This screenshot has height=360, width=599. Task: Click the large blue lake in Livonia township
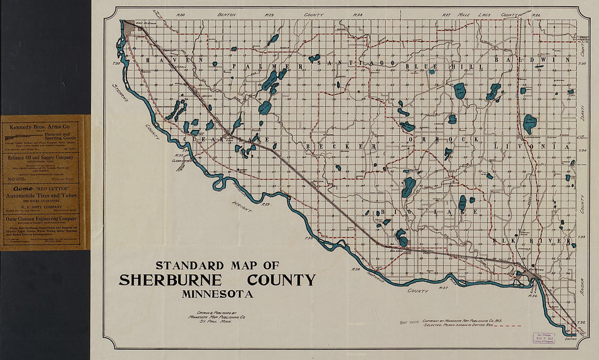point(529,124)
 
